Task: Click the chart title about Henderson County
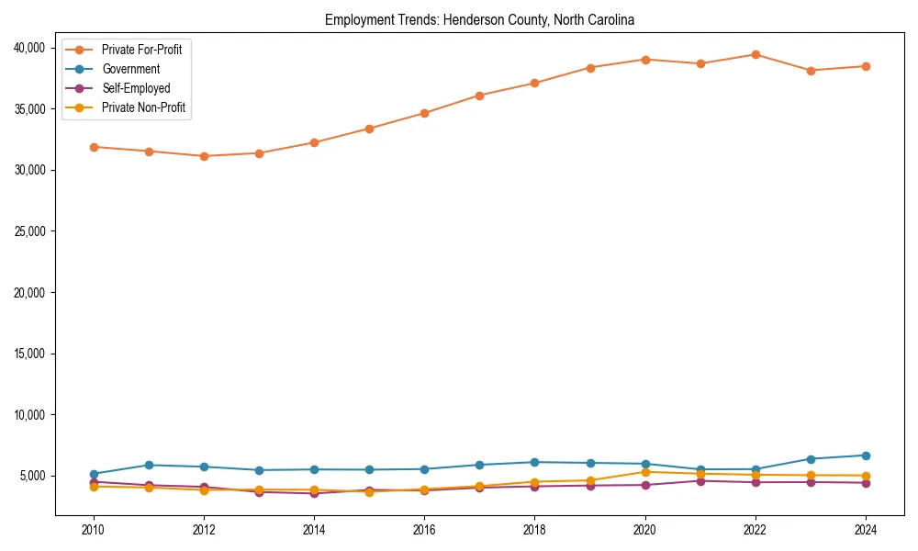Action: tap(479, 19)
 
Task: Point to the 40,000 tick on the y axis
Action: tap(32, 48)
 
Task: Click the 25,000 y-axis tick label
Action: tap(32, 231)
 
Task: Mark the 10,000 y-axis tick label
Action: tap(32, 415)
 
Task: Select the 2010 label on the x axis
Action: tap(93, 529)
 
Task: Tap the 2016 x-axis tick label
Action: tap(424, 529)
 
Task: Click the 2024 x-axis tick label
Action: tap(866, 529)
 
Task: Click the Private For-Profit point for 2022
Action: tap(756, 54)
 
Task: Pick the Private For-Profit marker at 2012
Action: tap(204, 156)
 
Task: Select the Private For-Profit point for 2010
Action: tap(94, 147)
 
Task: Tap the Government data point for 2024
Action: tap(866, 455)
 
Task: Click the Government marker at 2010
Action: tap(94, 474)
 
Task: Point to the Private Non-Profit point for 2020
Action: tap(645, 472)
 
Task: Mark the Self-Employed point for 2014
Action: tap(314, 494)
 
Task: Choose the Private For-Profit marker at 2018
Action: tap(535, 84)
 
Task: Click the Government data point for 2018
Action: tap(535, 462)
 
